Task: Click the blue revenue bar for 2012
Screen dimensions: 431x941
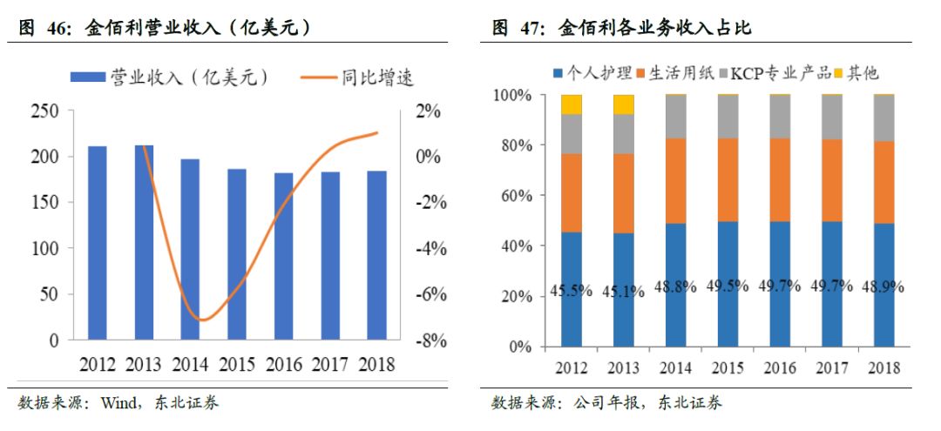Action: tap(98, 243)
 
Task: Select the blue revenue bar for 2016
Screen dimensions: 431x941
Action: tap(284, 256)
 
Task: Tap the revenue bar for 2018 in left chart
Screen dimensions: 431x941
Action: tap(376, 255)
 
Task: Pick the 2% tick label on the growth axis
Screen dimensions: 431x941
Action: tap(429, 111)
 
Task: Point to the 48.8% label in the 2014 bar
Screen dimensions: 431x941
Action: tap(675, 286)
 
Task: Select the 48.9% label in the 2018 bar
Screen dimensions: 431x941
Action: tap(882, 286)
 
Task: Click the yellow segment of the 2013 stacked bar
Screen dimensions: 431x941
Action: tap(623, 104)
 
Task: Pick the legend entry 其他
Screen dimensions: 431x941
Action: tap(863, 72)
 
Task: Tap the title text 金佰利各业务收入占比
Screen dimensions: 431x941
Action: tap(653, 29)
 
